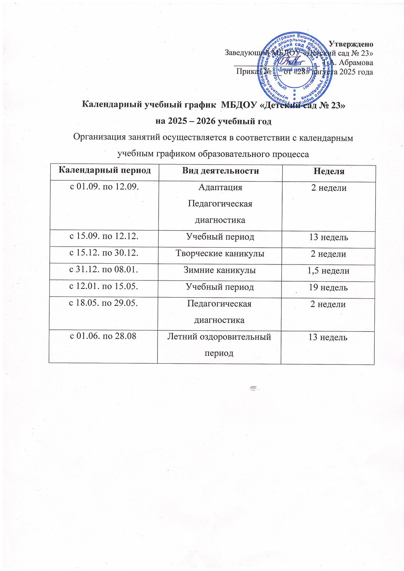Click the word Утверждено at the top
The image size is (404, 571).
coord(350,44)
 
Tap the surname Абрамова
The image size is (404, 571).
coord(356,62)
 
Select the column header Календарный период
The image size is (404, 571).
coord(104,170)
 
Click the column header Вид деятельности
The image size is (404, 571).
coord(220,171)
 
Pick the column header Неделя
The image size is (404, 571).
coord(329,172)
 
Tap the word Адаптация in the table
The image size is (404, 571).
coord(220,187)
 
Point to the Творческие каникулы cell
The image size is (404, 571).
coord(220,253)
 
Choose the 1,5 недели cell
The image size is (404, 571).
coord(328,271)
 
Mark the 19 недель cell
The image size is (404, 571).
coord(328,287)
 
